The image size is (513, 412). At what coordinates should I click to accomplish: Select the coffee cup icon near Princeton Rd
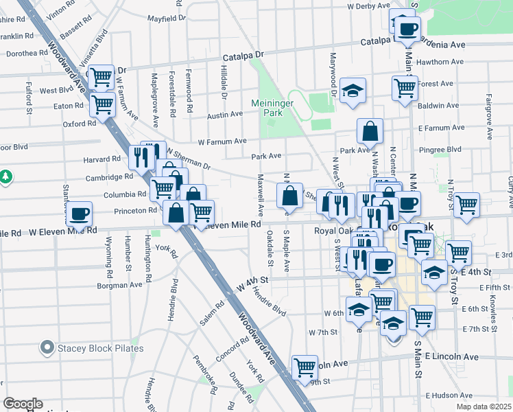pyautogui.click(x=80, y=213)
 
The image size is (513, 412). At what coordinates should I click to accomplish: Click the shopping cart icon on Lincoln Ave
pyautogui.click(x=304, y=366)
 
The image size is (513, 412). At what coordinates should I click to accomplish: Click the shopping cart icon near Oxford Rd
pyautogui.click(x=102, y=104)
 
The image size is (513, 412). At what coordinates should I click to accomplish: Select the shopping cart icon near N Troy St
pyautogui.click(x=466, y=203)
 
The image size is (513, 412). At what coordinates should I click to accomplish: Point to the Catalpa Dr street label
pyautogui.click(x=239, y=54)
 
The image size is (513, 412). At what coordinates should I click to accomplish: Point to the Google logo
pyautogui.click(x=23, y=404)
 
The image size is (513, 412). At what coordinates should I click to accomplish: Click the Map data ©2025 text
pyautogui.click(x=483, y=407)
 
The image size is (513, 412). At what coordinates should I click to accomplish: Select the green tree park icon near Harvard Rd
pyautogui.click(x=5, y=177)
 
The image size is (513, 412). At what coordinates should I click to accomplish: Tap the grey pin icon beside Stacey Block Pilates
pyautogui.click(x=47, y=348)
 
